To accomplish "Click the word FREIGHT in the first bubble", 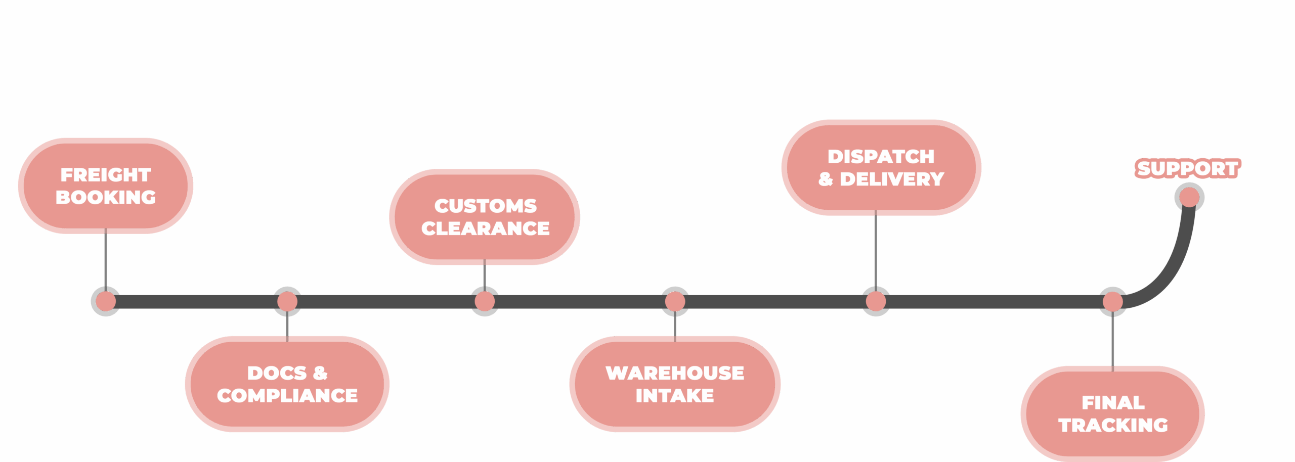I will tap(105, 175).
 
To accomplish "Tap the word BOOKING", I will tap(105, 197).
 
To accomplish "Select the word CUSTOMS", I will tap(485, 206).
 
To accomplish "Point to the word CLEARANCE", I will tap(485, 228).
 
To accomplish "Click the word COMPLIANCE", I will tap(287, 395).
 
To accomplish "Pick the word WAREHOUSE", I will tap(674, 373).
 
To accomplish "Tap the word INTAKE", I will tap(674, 395).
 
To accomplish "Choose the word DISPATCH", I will tap(881, 157).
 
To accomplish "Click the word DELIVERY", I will tap(892, 179).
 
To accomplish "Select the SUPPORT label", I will tap(1187, 168).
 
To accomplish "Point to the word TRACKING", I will tap(1113, 425).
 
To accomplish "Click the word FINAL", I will tap(1113, 403).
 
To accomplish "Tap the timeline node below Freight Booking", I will tap(105, 302).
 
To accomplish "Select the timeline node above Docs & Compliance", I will tap(287, 302).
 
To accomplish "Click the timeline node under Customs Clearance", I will tap(485, 302).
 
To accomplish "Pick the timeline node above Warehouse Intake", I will tap(675, 302).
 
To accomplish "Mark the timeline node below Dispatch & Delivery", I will tap(876, 302).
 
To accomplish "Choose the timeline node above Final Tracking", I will tap(1112, 302).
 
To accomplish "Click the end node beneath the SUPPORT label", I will tap(1189, 197).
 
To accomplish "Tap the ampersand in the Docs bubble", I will tap(320, 373).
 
